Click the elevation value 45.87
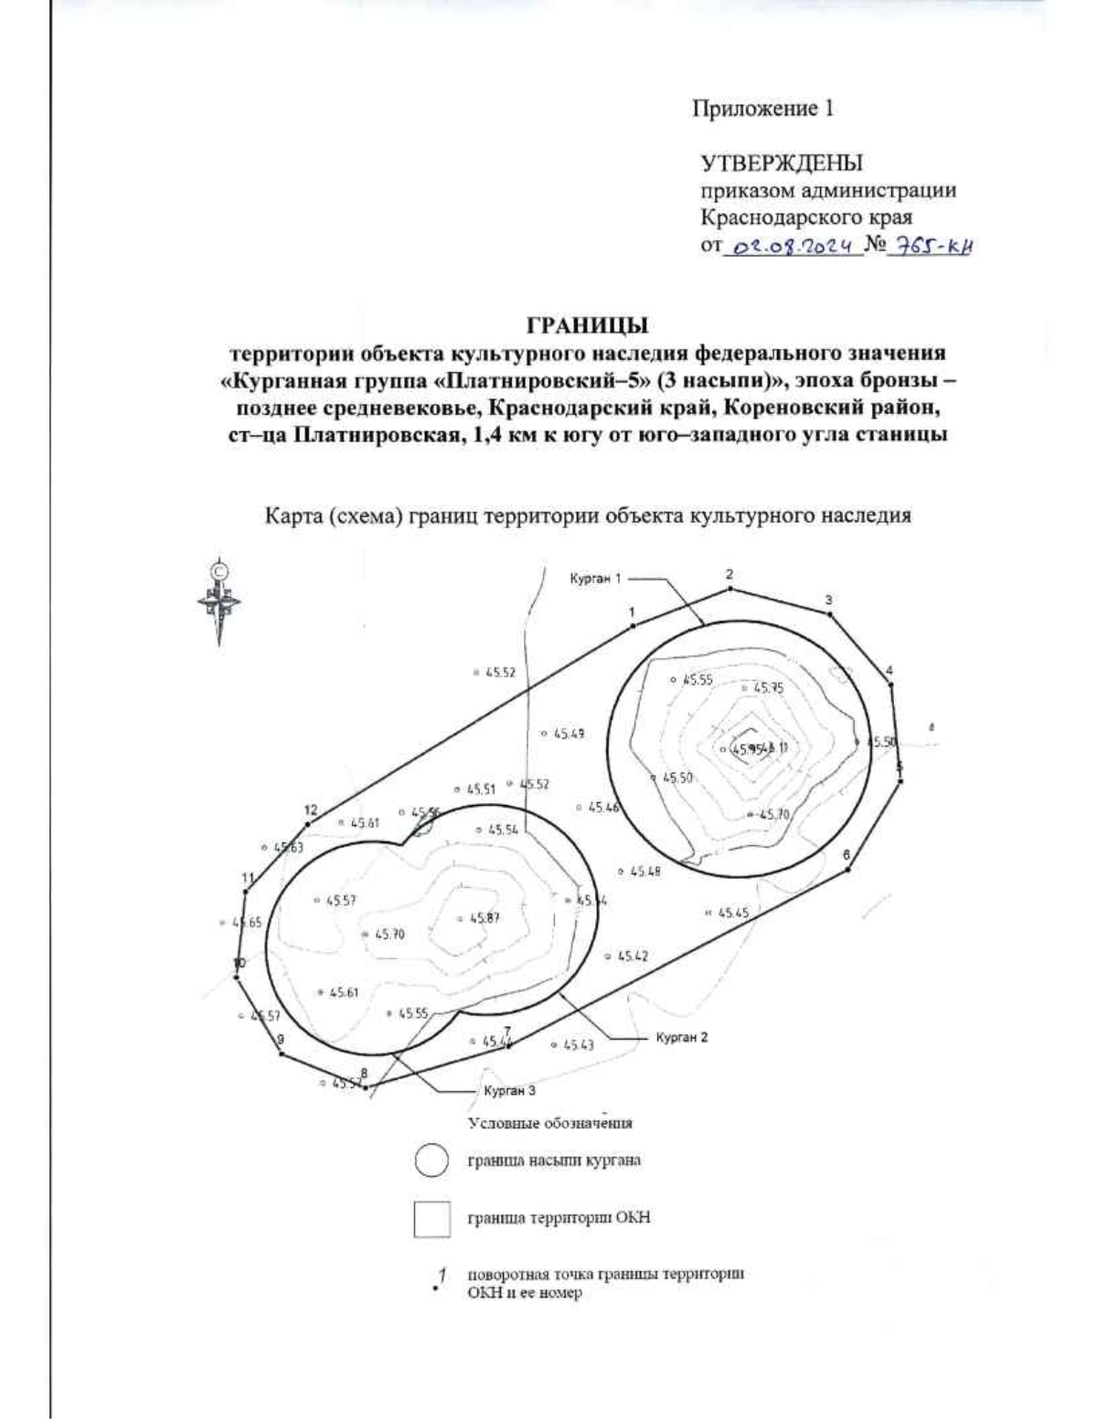click(x=485, y=918)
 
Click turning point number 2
click(x=730, y=589)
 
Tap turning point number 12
click(x=308, y=824)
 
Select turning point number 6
click(x=849, y=869)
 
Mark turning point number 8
click(x=365, y=1087)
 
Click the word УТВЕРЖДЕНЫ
click(x=782, y=164)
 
